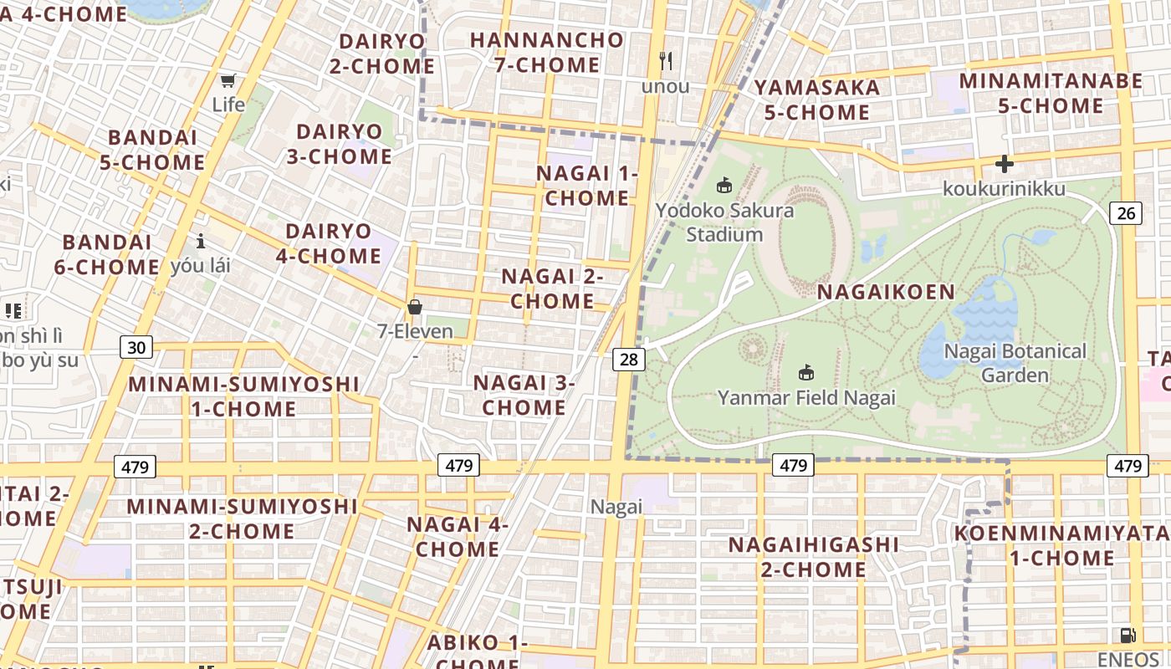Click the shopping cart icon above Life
(228, 81)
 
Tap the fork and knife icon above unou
(666, 60)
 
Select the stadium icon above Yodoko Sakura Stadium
(724, 185)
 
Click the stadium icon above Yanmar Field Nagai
(806, 372)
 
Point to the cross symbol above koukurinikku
(1004, 164)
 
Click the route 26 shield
(1126, 213)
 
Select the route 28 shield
(629, 360)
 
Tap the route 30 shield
(136, 347)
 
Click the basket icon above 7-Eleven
(414, 307)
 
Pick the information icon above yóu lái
(201, 242)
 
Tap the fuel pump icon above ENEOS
(1128, 636)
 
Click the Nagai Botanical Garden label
(1015, 363)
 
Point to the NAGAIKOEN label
(886, 292)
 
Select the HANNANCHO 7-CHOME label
(547, 52)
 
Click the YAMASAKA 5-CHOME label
(817, 100)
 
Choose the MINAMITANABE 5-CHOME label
(1051, 93)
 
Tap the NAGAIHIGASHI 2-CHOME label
(813, 557)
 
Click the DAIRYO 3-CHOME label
(340, 144)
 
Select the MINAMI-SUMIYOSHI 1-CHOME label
(243, 396)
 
